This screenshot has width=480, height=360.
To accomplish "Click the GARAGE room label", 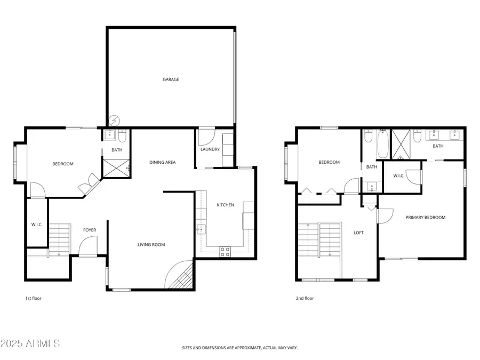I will (171, 79).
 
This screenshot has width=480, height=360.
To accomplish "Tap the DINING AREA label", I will (162, 163).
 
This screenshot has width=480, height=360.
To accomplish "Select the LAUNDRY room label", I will (210, 149).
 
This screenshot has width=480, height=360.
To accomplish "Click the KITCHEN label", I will (225, 205).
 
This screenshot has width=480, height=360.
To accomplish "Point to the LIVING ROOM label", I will (151, 245).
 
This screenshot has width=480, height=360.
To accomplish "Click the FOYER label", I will (90, 230).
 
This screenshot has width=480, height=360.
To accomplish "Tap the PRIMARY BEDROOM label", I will (425, 218).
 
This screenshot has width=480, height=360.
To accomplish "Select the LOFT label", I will (358, 233).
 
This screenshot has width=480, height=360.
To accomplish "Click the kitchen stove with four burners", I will (225, 252).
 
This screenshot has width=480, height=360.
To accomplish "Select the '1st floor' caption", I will (33, 298).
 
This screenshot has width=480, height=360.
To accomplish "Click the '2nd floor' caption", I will (305, 298).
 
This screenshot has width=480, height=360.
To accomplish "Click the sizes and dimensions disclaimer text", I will (239, 348).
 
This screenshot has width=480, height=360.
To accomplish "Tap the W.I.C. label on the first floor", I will (37, 225).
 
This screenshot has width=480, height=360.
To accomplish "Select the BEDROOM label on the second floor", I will (329, 163).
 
